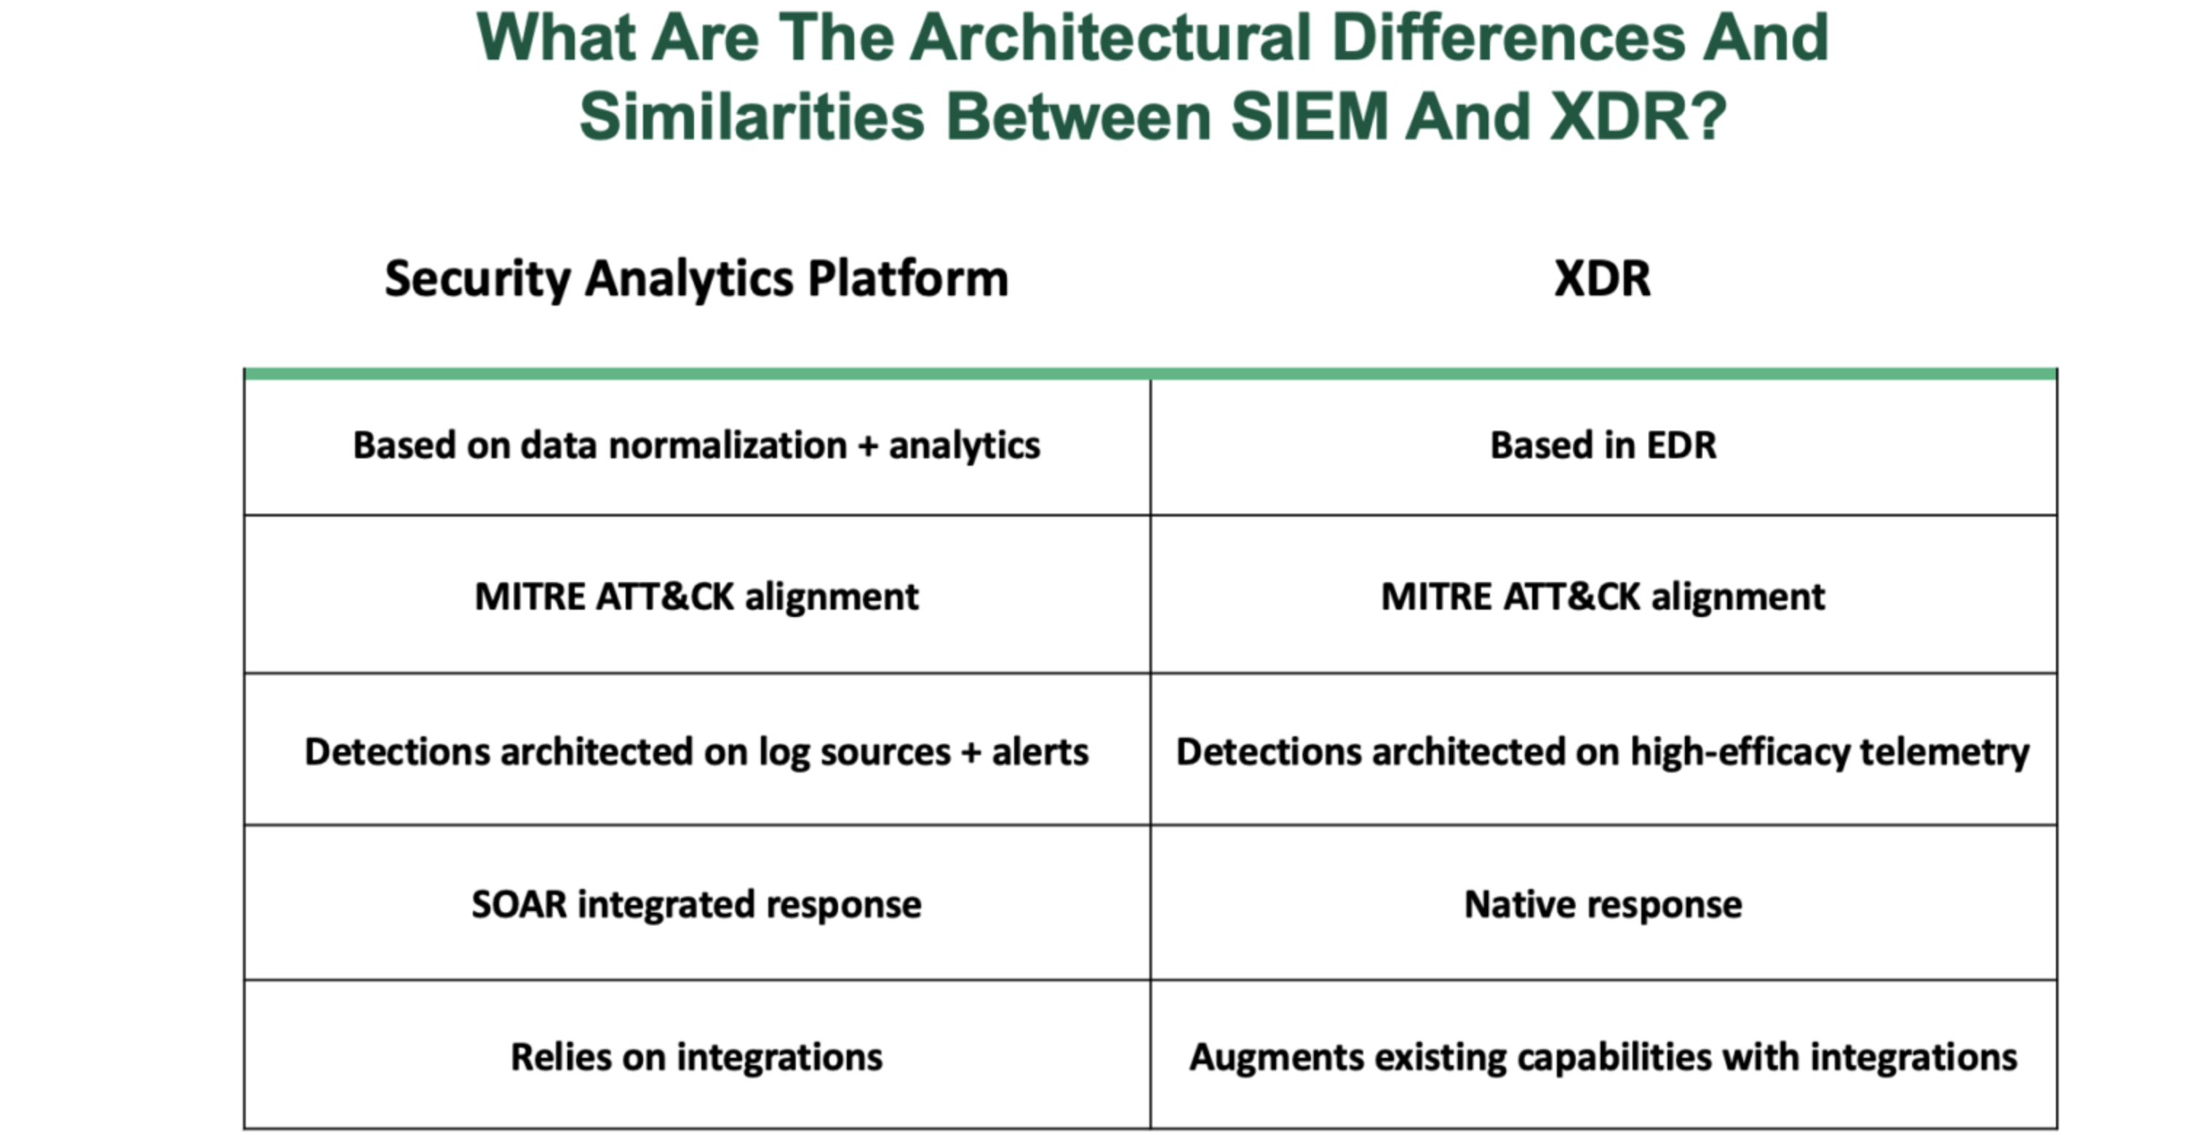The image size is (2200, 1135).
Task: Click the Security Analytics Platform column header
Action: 696,279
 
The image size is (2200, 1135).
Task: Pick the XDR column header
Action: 1602,279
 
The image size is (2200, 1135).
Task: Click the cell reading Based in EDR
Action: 1603,445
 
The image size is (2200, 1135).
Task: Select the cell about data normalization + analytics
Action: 696,447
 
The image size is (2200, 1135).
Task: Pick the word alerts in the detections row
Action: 1040,752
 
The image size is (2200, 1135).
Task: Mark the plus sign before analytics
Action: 868,447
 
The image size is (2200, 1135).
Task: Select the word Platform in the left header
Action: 908,279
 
